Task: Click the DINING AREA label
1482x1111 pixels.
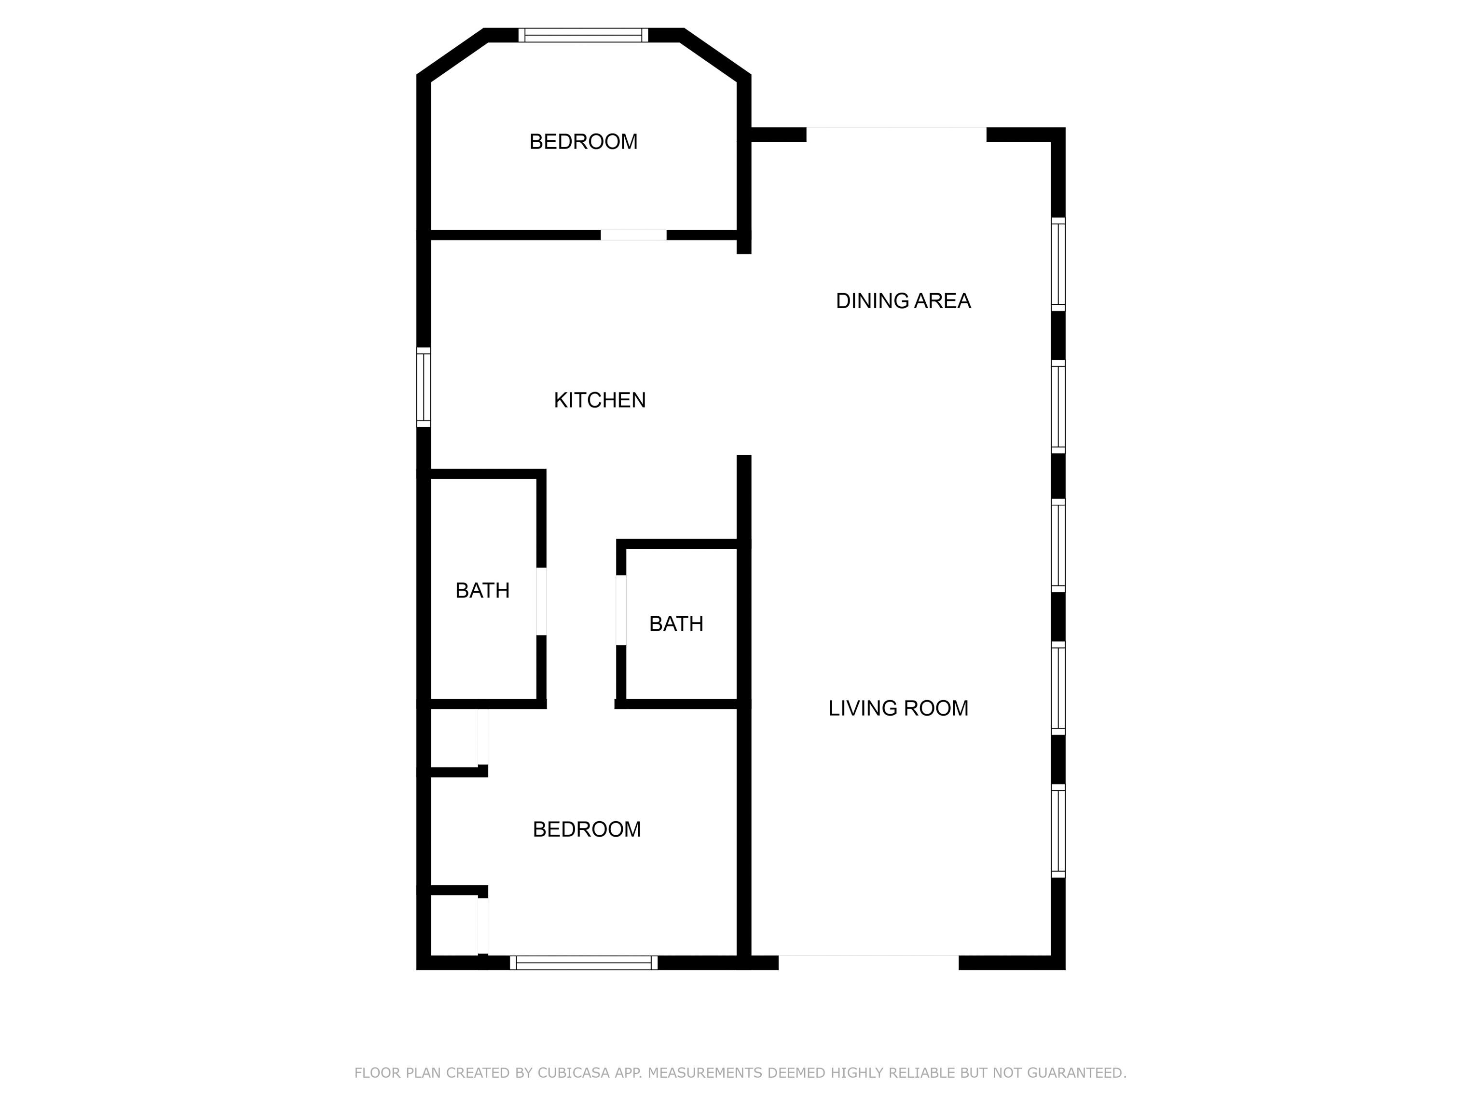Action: pos(903,301)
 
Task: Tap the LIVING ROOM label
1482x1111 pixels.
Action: pos(898,708)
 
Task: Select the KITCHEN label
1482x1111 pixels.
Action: pos(600,400)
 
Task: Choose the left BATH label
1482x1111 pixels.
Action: pos(482,591)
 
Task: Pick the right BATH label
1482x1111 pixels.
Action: pos(676,624)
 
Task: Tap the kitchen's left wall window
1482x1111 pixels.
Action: pos(424,387)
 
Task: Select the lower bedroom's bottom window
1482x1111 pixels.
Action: pos(584,963)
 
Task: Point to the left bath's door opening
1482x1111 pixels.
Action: pos(541,601)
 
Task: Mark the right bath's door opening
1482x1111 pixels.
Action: pos(621,610)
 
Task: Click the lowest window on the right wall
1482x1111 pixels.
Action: pos(1058,830)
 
